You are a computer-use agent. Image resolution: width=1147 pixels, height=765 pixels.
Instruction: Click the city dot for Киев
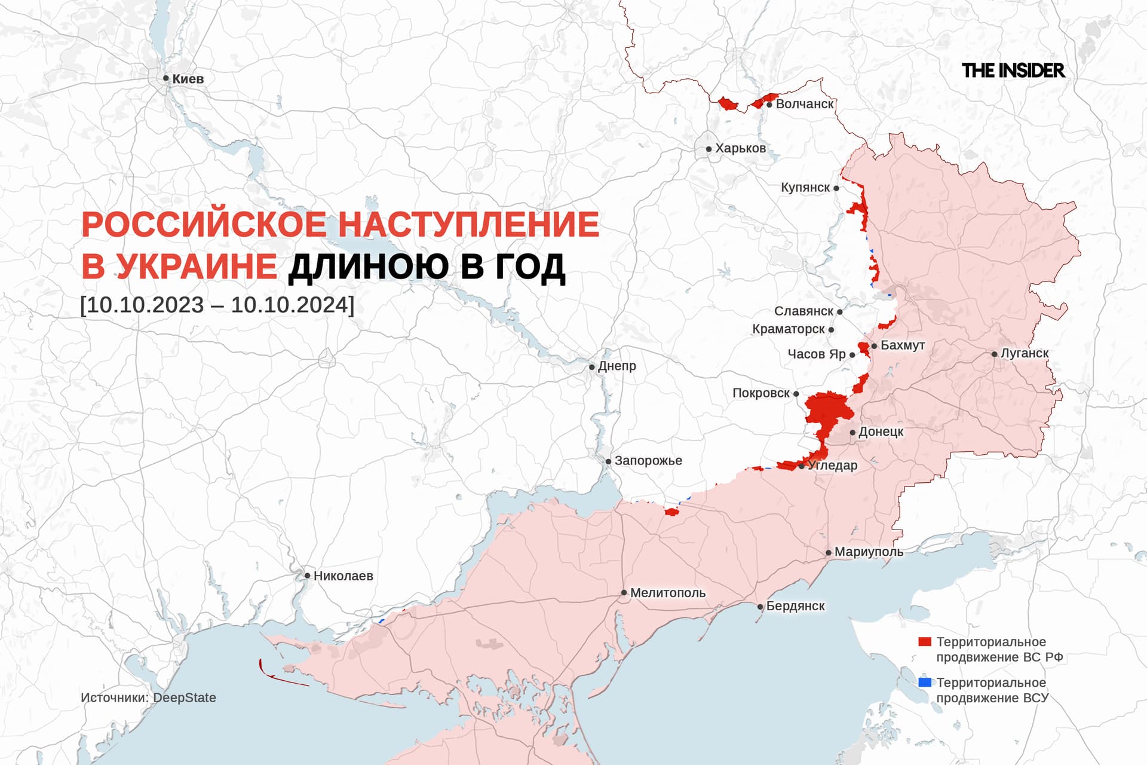(x=166, y=78)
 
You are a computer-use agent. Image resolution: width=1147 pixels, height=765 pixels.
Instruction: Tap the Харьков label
(x=740, y=148)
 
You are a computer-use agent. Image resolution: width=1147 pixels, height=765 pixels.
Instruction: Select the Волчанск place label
(x=804, y=104)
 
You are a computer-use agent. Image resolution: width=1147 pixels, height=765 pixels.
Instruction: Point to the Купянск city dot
(x=836, y=188)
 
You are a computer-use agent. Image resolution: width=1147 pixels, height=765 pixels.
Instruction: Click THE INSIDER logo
(x=1013, y=71)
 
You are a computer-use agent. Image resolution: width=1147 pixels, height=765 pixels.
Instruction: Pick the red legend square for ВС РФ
(x=924, y=642)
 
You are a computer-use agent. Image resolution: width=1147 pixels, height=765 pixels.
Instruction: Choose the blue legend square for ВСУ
(x=924, y=683)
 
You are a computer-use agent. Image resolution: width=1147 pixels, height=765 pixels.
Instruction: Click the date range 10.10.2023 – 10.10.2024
(x=217, y=305)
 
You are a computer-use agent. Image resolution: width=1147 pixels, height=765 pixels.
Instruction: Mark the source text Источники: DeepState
(x=148, y=697)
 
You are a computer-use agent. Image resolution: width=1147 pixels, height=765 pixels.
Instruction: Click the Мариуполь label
(x=869, y=552)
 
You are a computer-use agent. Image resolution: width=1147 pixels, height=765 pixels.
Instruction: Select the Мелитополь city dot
(x=624, y=593)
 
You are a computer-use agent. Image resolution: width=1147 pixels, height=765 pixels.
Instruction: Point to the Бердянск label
(x=795, y=606)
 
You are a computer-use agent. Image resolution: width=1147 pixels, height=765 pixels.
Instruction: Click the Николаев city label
(x=343, y=576)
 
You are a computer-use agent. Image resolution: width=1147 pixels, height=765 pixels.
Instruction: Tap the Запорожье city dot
(x=608, y=461)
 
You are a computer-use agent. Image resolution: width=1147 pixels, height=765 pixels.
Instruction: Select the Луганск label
(x=1024, y=353)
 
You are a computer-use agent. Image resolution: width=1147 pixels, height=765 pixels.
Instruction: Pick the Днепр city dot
(x=592, y=367)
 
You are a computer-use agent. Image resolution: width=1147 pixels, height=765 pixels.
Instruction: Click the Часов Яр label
(x=816, y=354)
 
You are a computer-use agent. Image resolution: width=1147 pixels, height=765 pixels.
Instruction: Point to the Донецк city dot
(x=852, y=432)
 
